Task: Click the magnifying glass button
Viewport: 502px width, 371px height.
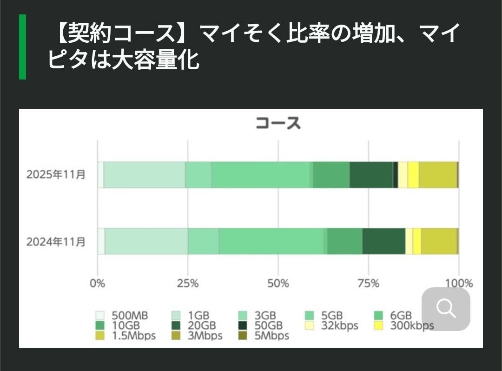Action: [446, 309]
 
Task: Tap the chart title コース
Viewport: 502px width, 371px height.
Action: [278, 123]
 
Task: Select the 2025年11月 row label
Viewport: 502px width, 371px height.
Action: [56, 175]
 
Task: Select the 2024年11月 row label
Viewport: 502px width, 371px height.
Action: [56, 242]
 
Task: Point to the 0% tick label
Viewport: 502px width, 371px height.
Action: [98, 283]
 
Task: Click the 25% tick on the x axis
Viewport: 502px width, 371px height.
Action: [188, 283]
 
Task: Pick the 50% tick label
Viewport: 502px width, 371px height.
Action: [278, 283]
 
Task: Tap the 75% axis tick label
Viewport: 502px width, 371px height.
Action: [368, 283]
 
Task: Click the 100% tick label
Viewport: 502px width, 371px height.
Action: [459, 283]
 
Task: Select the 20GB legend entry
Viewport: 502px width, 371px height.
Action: [195, 326]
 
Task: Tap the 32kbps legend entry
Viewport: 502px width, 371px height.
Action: [332, 326]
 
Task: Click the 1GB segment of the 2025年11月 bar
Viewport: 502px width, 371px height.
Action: [144, 175]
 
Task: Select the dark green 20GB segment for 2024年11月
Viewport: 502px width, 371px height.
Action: [383, 242]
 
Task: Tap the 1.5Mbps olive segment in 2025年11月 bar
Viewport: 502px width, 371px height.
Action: [438, 175]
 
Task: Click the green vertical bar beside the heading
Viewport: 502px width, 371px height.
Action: [22, 46]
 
